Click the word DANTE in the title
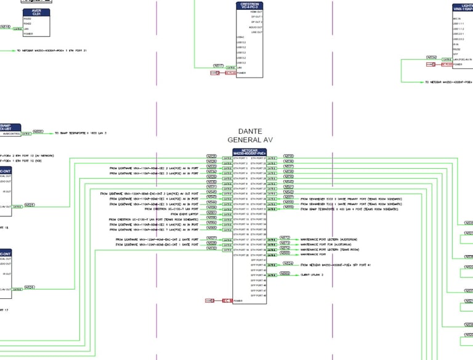(x=249, y=131)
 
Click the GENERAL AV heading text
(x=249, y=140)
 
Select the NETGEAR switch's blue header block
(x=249, y=152)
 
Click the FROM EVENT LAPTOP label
(x=184, y=214)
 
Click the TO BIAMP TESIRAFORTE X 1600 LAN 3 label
(x=80, y=133)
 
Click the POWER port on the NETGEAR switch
(x=238, y=301)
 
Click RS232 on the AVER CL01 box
(x=27, y=18)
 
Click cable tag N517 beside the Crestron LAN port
(x=218, y=65)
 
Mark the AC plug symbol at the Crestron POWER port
(x=216, y=73)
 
